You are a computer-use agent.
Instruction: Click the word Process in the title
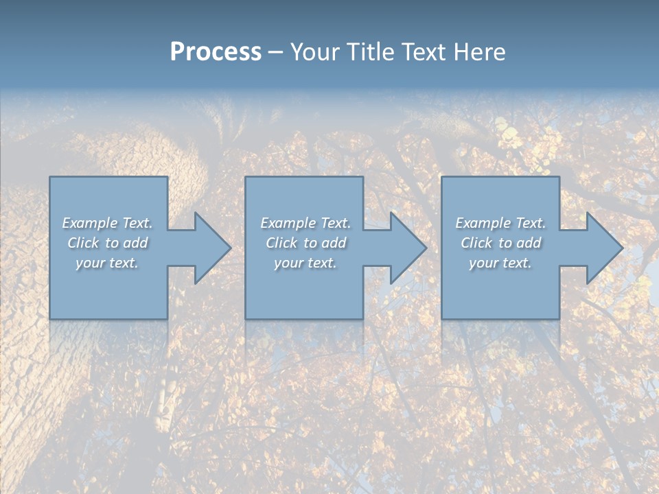tap(216, 52)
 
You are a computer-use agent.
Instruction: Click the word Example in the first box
tap(90, 223)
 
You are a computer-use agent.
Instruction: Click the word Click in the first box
tap(83, 243)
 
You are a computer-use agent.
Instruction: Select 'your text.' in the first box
tap(107, 263)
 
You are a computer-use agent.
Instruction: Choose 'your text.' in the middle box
tap(305, 263)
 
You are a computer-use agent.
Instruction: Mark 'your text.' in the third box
tap(500, 263)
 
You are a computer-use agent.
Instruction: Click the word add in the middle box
tap(333, 243)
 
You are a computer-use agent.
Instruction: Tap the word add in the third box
tap(528, 243)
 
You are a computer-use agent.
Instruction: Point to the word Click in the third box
tap(476, 243)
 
